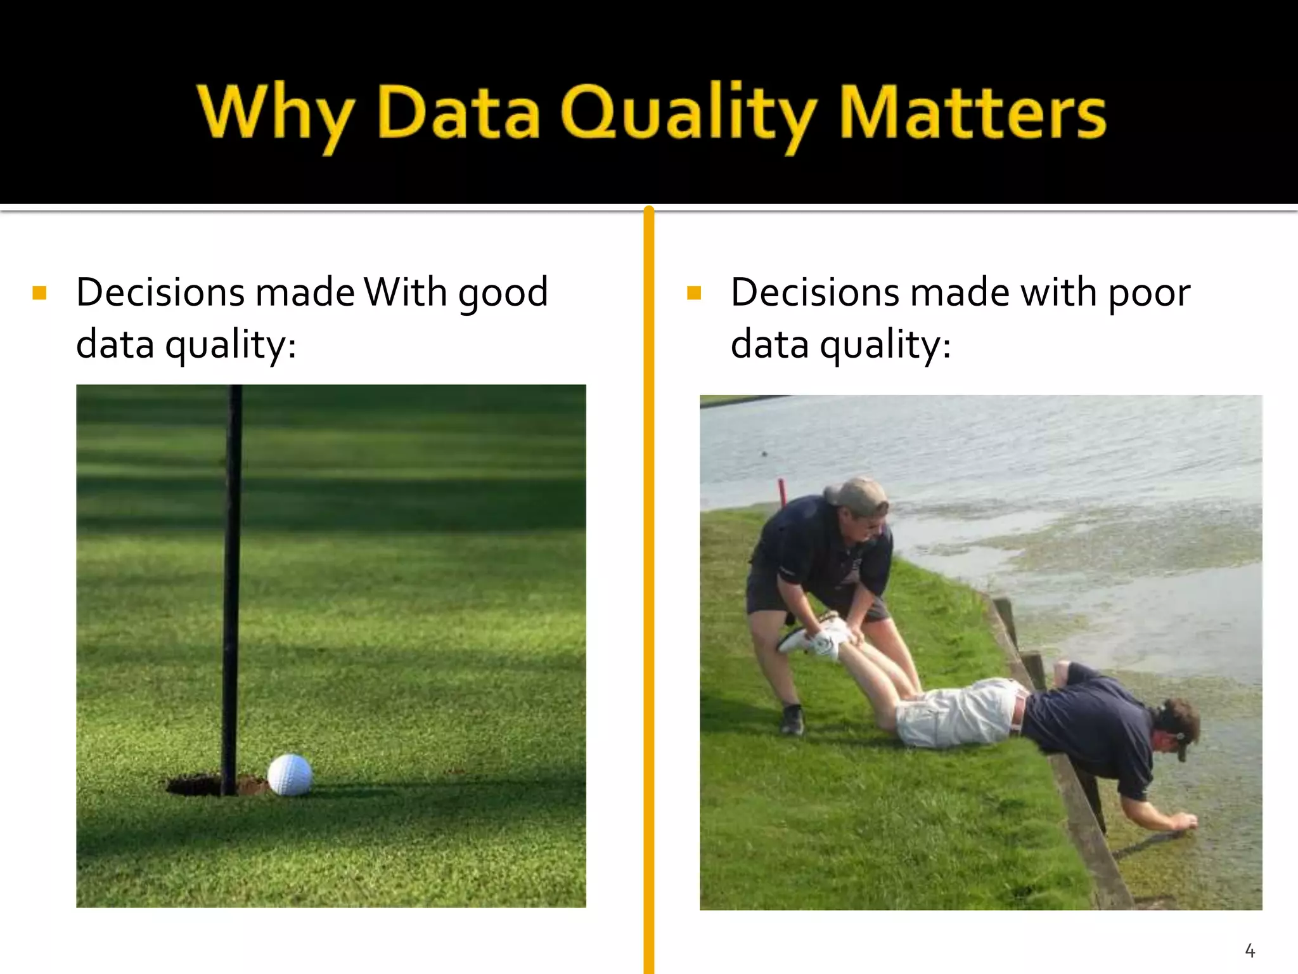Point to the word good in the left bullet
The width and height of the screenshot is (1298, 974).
(503, 294)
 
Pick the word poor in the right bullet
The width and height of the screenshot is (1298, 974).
(1148, 294)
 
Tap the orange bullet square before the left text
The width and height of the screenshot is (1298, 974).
(39, 293)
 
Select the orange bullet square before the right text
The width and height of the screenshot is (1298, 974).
(694, 293)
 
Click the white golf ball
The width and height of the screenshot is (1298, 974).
(290, 774)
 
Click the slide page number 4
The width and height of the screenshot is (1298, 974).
(1250, 951)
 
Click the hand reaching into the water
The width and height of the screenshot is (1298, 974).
(1182, 822)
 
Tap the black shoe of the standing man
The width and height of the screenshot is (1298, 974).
(792, 720)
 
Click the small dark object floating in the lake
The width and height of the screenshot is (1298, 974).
(764, 453)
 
